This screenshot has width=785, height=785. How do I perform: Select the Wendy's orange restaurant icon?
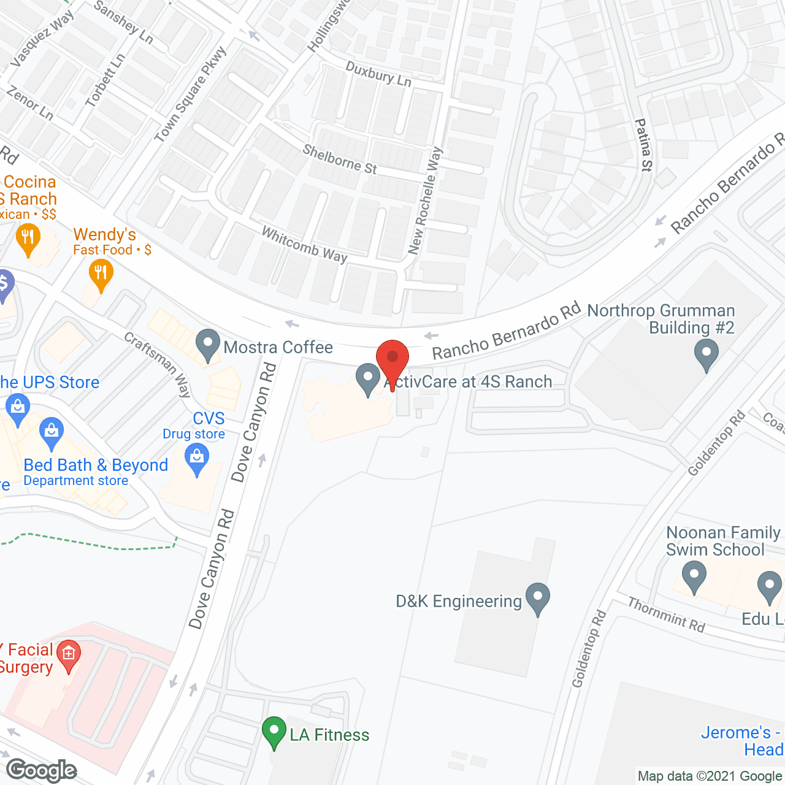click(101, 274)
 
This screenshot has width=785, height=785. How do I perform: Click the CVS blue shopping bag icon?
click(197, 459)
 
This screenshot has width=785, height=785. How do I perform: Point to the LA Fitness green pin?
click(274, 731)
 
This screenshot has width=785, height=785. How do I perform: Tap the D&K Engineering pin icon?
click(537, 597)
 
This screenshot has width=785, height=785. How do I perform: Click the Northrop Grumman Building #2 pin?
click(706, 354)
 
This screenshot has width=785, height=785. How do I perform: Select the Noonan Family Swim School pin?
click(694, 577)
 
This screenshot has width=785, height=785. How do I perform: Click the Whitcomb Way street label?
click(305, 244)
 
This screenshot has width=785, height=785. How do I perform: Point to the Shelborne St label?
click(340, 159)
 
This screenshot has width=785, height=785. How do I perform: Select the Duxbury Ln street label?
click(378, 74)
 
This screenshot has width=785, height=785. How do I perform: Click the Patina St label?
click(644, 145)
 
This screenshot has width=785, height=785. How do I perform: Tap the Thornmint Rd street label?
click(667, 615)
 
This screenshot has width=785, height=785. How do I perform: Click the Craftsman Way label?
click(158, 365)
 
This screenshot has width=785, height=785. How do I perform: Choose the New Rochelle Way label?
click(425, 201)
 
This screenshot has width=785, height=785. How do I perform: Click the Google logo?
click(42, 770)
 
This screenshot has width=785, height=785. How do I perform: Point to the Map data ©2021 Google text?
click(710, 776)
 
